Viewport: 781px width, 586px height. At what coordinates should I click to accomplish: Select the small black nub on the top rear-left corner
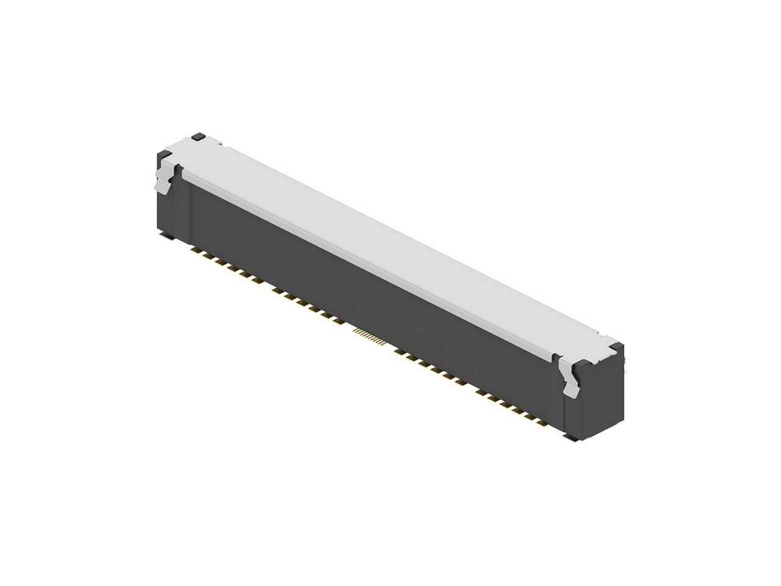[198, 138]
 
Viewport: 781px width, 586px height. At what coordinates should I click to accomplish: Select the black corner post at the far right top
[617, 350]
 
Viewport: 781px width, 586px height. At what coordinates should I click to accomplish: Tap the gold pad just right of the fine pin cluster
[400, 352]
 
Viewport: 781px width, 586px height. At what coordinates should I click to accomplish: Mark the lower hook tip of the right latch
[573, 392]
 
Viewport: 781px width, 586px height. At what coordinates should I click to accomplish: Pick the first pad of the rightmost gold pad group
[481, 391]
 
